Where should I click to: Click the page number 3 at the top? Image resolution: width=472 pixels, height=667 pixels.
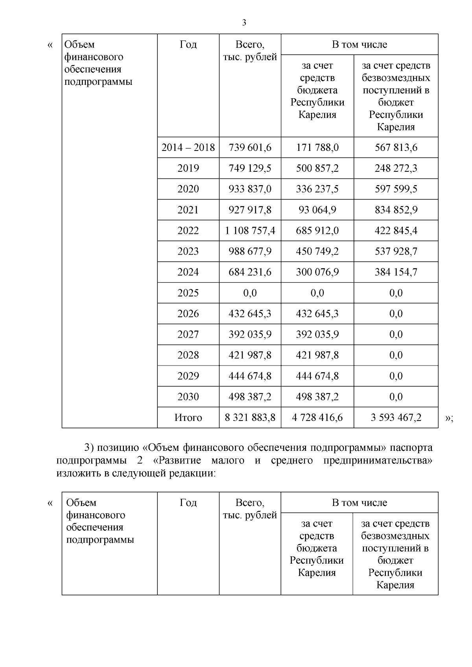click(244, 23)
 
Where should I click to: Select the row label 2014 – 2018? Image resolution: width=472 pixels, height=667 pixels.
click(188, 147)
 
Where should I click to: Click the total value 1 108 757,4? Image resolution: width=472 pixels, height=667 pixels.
click(250, 231)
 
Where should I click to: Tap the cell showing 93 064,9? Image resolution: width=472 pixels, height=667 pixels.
click(317, 210)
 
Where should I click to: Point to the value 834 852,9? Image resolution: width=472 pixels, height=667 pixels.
click(396, 210)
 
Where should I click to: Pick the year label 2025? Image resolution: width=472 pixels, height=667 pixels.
click(188, 293)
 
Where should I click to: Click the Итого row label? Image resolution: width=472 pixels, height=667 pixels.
click(188, 417)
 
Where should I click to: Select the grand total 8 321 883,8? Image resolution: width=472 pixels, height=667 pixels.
click(250, 417)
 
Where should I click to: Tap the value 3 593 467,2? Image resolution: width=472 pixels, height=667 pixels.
click(396, 417)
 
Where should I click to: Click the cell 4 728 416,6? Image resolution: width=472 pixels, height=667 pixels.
click(317, 417)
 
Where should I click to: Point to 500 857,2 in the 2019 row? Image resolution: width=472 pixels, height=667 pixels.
click(317, 168)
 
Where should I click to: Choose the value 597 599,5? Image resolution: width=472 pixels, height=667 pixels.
click(396, 189)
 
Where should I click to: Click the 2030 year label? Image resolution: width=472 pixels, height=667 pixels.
click(188, 397)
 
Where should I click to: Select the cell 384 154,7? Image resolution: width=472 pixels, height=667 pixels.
click(396, 272)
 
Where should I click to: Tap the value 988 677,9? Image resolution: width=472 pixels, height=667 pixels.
click(250, 251)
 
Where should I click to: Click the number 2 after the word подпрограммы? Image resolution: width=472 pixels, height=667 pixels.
click(140, 460)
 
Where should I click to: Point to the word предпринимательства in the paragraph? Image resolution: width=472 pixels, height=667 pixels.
click(378, 460)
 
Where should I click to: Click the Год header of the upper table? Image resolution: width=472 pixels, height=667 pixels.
click(188, 44)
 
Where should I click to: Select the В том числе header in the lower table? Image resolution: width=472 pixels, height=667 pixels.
click(360, 503)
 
